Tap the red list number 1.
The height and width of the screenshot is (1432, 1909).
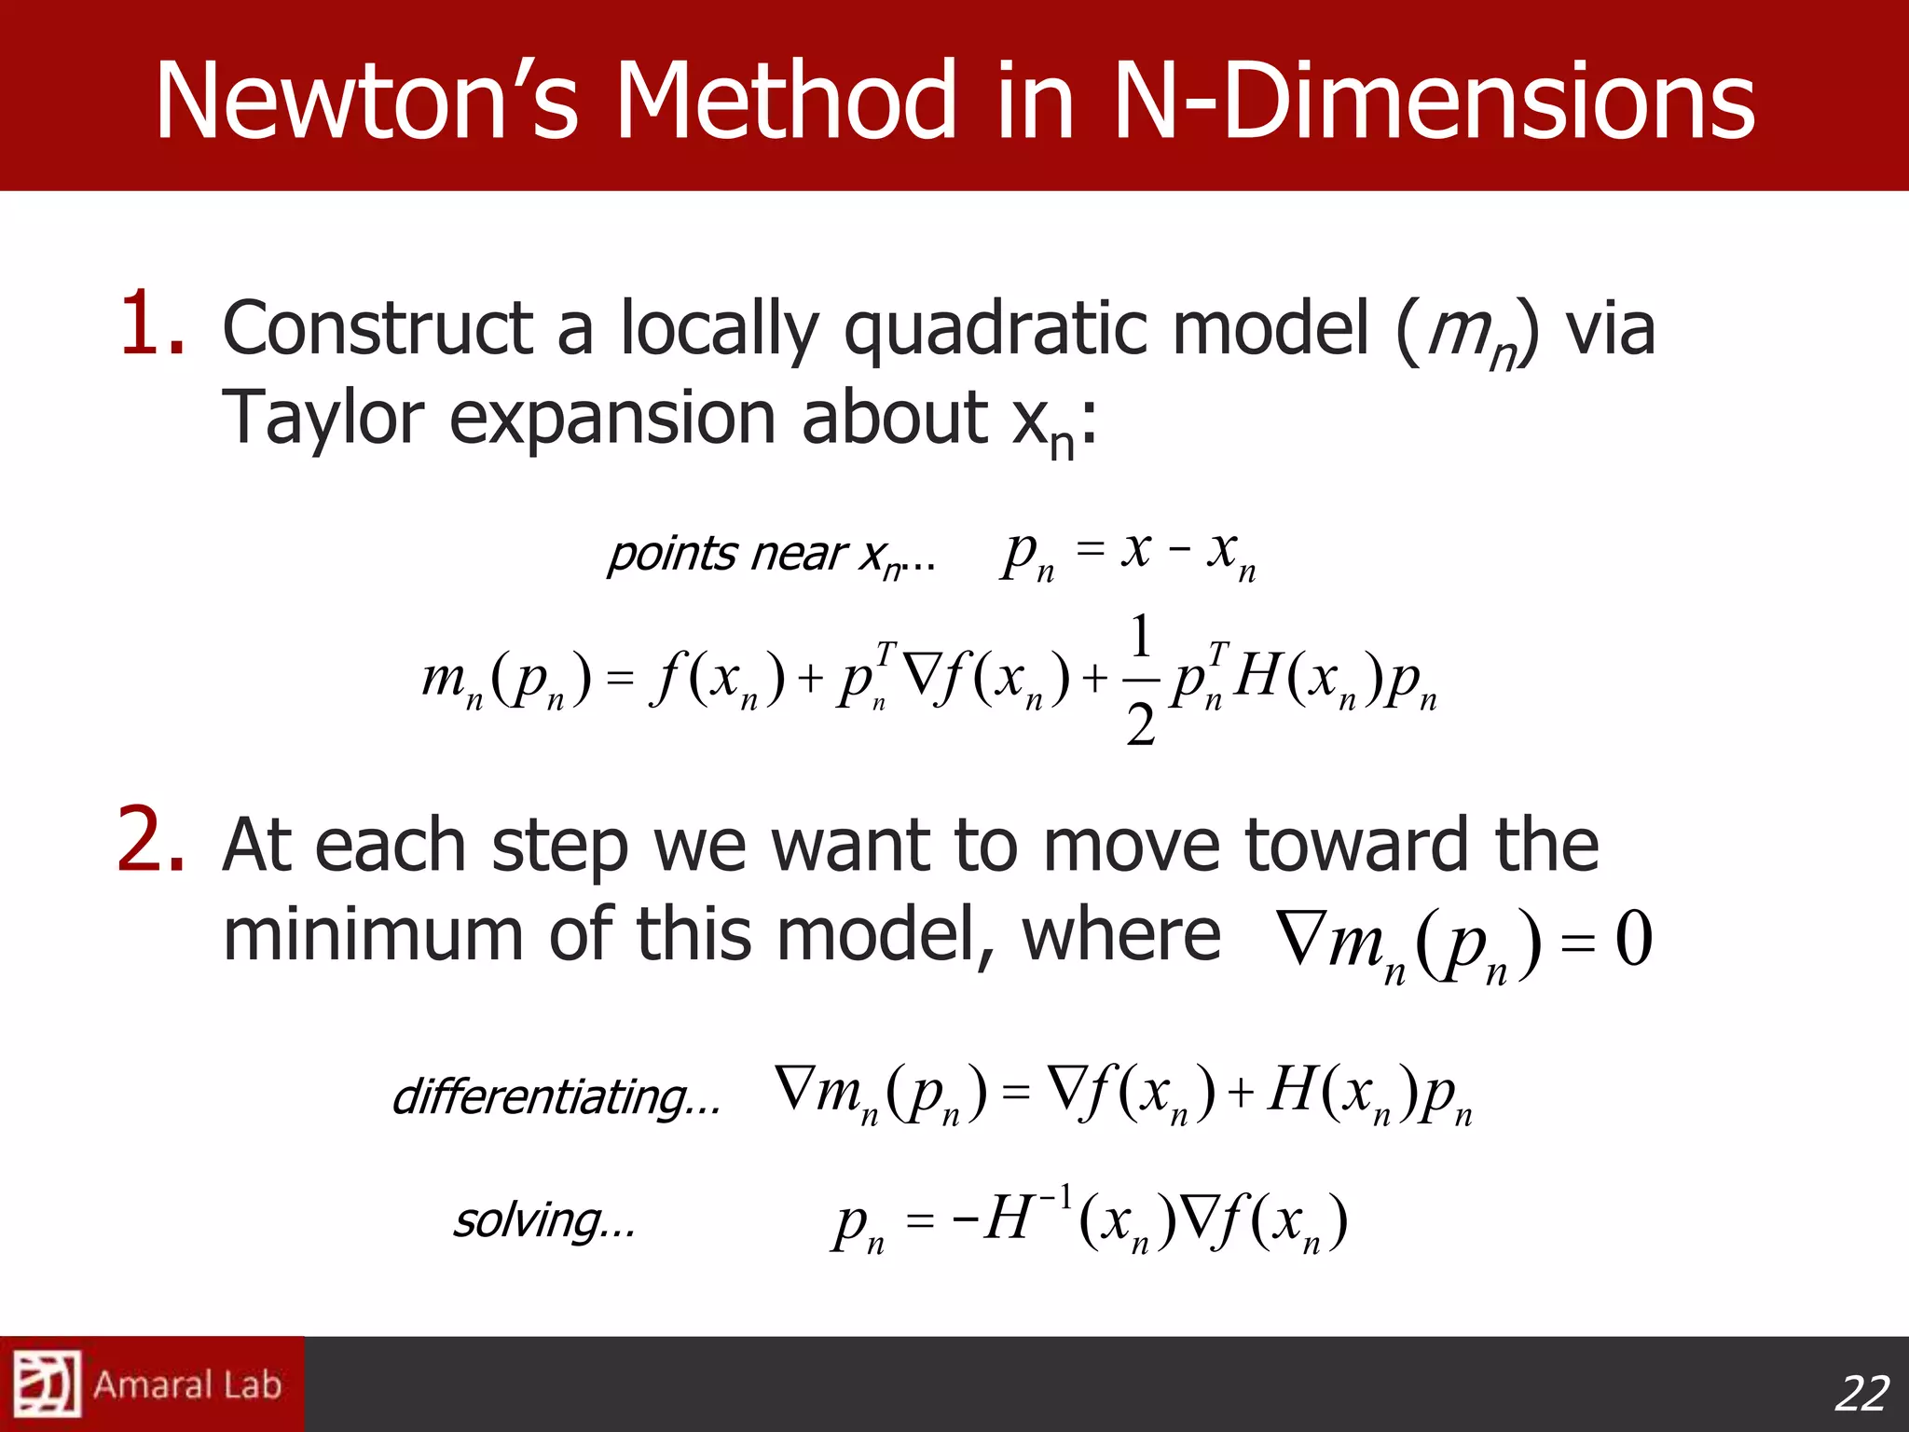click(152, 324)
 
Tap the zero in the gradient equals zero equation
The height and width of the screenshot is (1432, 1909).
click(1633, 938)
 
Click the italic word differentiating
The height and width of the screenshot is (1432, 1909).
click(556, 1096)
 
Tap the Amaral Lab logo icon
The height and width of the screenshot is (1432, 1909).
click(47, 1384)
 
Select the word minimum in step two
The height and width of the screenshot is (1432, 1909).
click(373, 934)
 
